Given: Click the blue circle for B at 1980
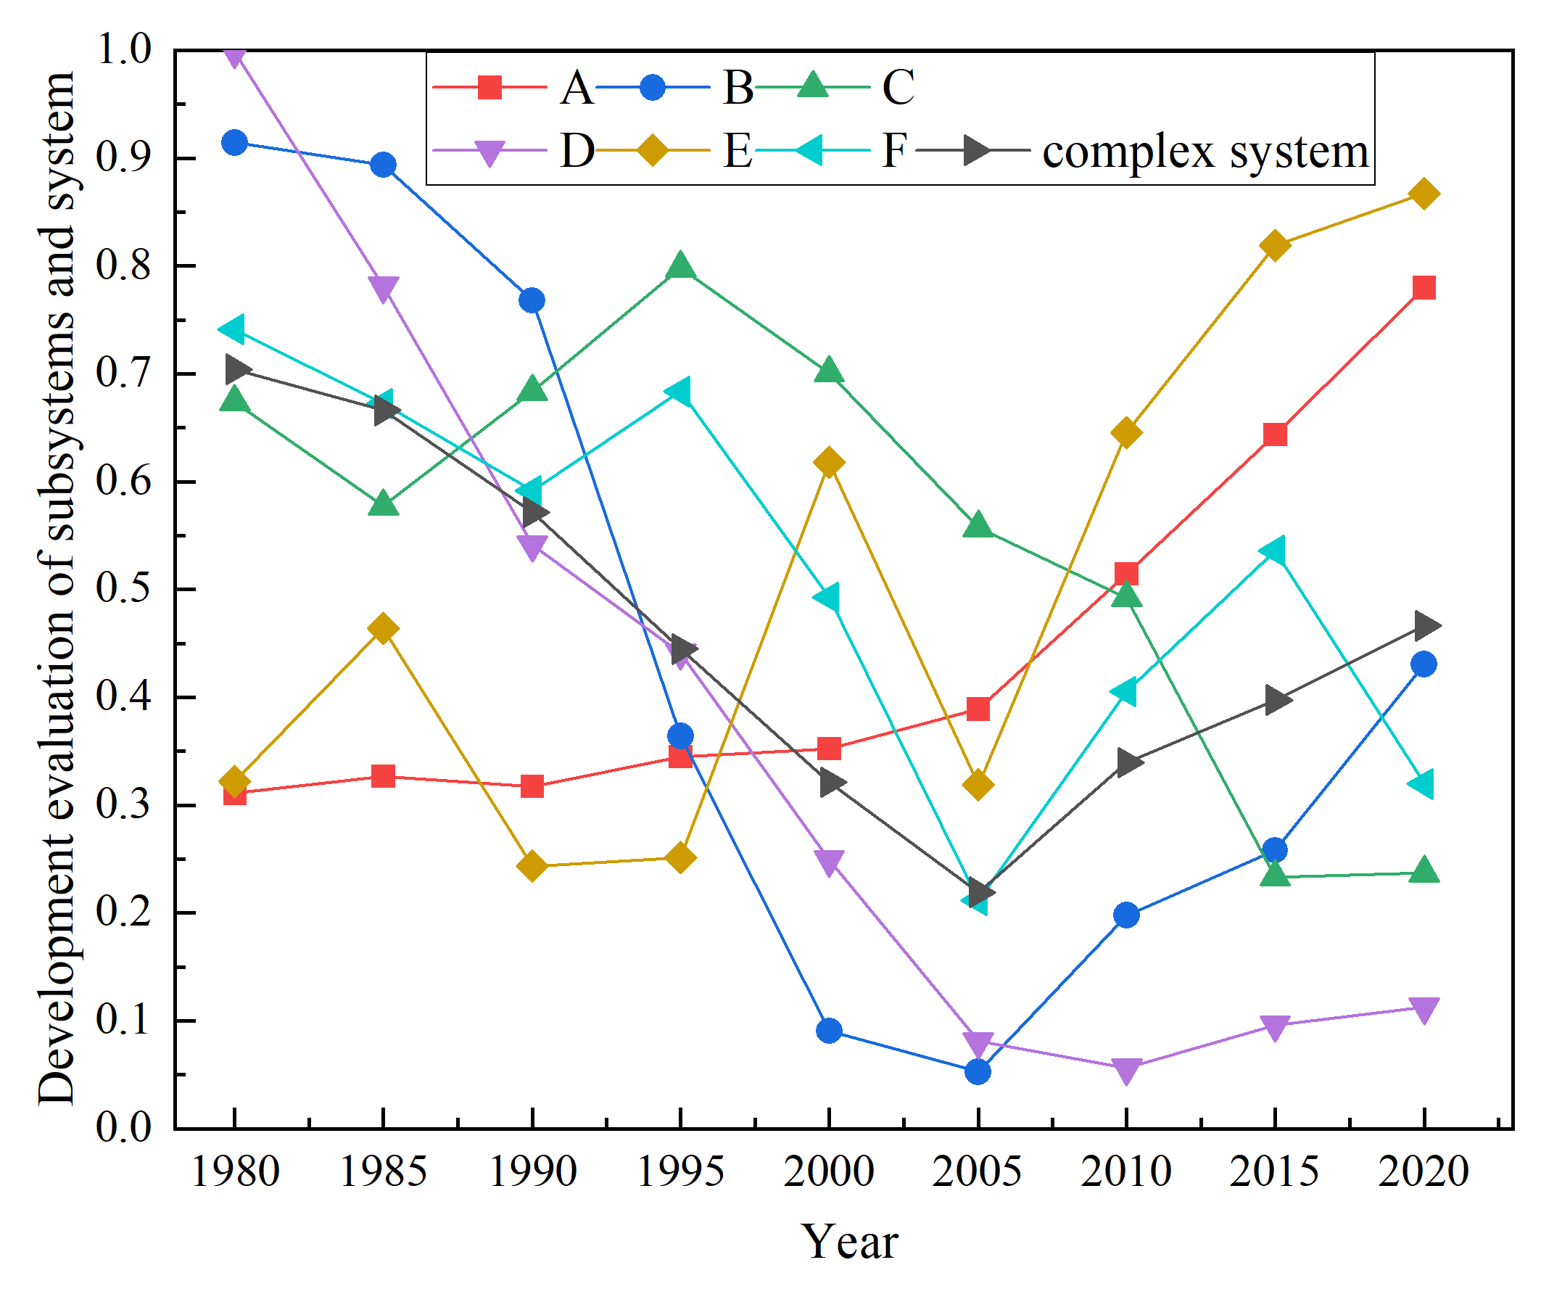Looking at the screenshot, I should [235, 142].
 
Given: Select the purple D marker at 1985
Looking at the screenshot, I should [383, 289].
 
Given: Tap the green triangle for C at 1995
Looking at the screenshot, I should [680, 266].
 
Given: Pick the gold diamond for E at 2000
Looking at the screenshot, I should [829, 463].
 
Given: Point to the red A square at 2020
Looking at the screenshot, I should [1424, 287].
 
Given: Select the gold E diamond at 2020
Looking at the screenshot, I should [1424, 194].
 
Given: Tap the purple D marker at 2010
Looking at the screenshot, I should [1126, 1071].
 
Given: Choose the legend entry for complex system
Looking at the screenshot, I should [1205, 152].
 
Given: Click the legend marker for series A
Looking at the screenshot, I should [489, 88].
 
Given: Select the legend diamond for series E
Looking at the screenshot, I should [653, 151].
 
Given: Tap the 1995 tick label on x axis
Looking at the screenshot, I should [679, 1171].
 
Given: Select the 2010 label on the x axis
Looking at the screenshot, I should [1125, 1171].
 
